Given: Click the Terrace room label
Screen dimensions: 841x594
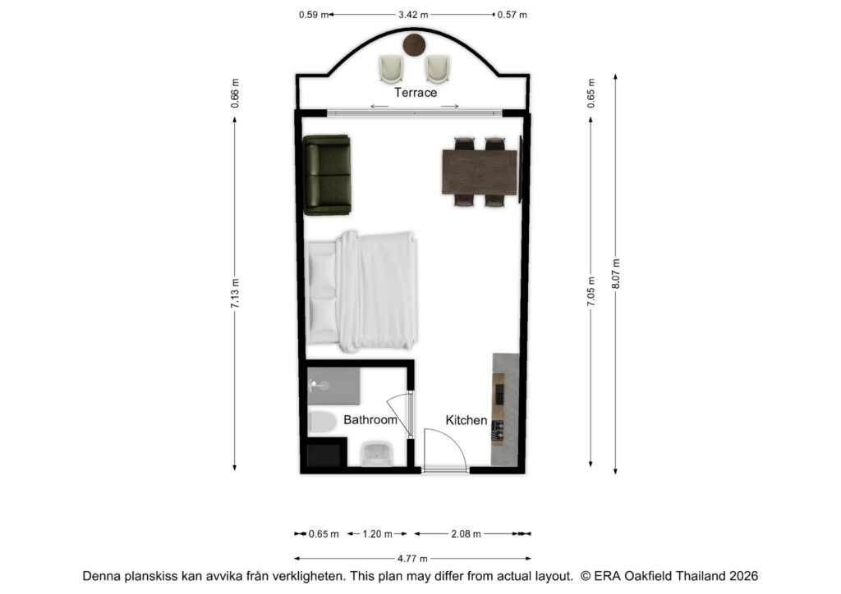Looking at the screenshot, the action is (x=416, y=93).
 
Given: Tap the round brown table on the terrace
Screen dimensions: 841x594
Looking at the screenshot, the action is (x=414, y=45).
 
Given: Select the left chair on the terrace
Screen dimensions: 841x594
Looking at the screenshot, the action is (x=391, y=69).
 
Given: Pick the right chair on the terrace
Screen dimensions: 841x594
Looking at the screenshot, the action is (x=437, y=69).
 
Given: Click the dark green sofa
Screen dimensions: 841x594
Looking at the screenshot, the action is (x=327, y=175).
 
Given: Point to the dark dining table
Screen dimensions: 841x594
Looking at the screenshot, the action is (x=480, y=172).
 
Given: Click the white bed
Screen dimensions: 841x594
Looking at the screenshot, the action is (x=362, y=291).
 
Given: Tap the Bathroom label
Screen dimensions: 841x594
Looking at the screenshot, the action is (x=370, y=420).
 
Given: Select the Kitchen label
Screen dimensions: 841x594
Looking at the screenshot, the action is (x=466, y=420).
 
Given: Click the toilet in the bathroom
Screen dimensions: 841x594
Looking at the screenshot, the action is (x=322, y=422).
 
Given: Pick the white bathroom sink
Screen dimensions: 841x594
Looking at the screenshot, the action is (x=376, y=454).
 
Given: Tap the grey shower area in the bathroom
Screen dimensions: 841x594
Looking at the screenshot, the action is (x=333, y=386).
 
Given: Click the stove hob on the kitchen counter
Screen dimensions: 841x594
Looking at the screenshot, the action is (x=499, y=432).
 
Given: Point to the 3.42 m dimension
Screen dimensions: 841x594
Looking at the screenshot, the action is (x=413, y=15).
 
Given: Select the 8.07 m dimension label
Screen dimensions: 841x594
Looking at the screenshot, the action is (x=616, y=274).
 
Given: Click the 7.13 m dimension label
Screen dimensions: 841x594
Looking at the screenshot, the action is (x=235, y=293).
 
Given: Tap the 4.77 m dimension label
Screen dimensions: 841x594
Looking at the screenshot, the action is (x=412, y=559).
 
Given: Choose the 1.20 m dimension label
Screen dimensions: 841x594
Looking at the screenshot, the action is (x=377, y=534).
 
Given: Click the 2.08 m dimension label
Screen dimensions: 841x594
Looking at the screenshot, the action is (x=466, y=534).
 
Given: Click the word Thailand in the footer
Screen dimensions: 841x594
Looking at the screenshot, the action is (x=700, y=576).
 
